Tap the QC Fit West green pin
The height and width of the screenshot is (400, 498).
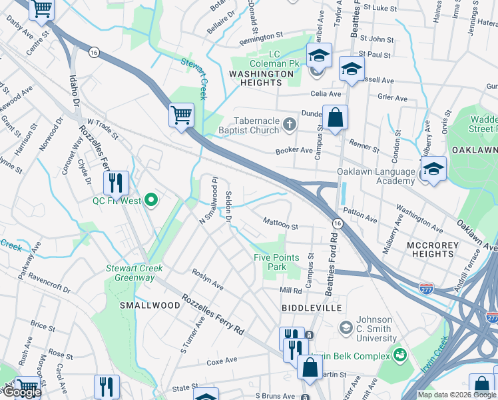151,199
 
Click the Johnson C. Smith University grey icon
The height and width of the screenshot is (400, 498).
346,327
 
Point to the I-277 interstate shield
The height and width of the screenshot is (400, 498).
427,289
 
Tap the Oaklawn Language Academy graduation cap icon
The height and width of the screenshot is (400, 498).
433,169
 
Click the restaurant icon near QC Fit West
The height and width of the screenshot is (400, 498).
116,181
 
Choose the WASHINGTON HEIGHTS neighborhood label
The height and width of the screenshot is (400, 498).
256,77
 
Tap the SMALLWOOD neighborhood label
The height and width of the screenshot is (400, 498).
150,305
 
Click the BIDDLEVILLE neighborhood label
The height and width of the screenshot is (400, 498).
312,308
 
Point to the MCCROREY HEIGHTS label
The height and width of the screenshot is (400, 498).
433,249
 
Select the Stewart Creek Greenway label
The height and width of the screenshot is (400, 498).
134,273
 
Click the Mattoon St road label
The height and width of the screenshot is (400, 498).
280,222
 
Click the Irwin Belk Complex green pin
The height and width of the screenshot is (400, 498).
400,353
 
